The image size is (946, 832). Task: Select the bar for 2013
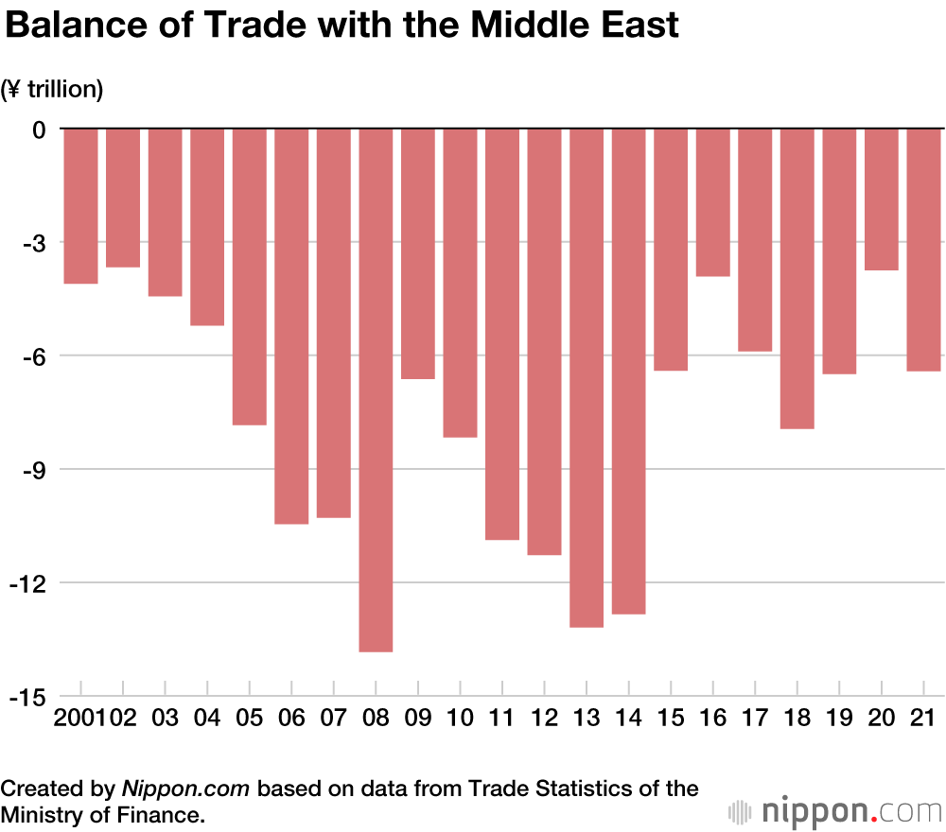587,377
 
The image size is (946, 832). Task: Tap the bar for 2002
123,198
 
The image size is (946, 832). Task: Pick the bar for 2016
713,202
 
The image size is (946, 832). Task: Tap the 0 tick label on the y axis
39,129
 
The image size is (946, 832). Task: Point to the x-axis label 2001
80,719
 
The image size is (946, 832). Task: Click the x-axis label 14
628,719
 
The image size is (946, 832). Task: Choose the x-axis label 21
923,719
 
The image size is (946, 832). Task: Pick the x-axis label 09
418,719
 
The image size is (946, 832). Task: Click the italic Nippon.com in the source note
185,789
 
